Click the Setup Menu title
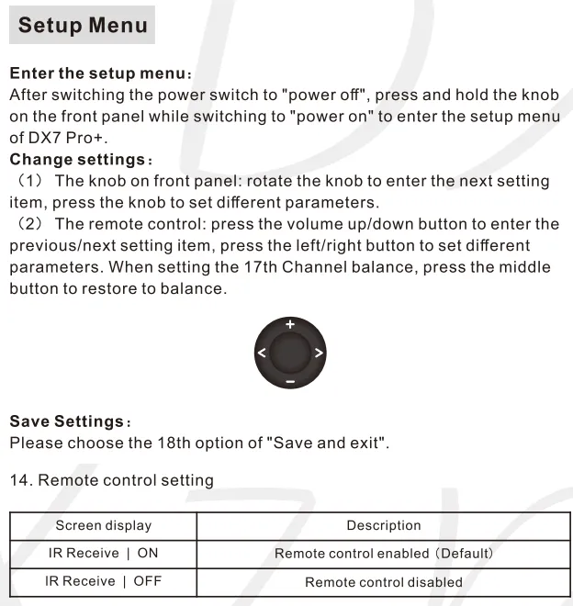tap(82, 25)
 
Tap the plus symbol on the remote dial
tap(289, 324)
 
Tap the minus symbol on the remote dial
tap(289, 380)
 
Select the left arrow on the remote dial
tap(262, 353)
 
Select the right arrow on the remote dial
tap(318, 353)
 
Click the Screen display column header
tap(103, 526)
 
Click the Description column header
tap(383, 526)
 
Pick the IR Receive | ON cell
tap(103, 554)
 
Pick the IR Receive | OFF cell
tap(103, 581)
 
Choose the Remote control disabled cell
tap(383, 582)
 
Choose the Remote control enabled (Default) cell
tap(383, 554)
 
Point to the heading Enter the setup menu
tap(100, 73)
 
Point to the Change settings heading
tap(81, 160)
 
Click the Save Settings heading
tap(70, 421)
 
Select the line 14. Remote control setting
tap(111, 479)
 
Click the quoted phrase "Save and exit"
tap(326, 443)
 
